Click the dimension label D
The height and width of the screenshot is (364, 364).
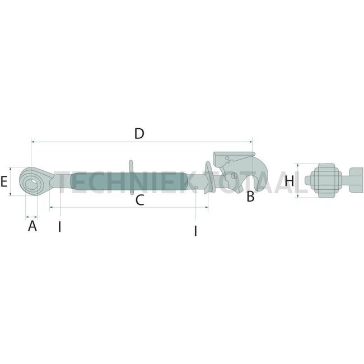[x=139, y=134]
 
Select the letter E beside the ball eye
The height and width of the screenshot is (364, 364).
[x=4, y=181]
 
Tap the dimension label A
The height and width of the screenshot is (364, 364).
[x=32, y=226]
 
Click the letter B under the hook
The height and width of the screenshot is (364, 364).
[x=250, y=197]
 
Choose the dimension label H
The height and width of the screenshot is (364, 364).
[x=290, y=181]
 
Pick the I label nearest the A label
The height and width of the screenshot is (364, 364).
[x=59, y=227]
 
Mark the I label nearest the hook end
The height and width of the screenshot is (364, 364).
[x=195, y=230]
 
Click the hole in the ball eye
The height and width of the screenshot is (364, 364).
[x=31, y=181]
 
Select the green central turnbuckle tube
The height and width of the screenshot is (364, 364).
[x=129, y=181]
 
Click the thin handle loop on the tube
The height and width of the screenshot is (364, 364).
[x=131, y=167]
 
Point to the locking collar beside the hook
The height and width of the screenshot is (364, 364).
[x=209, y=179]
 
